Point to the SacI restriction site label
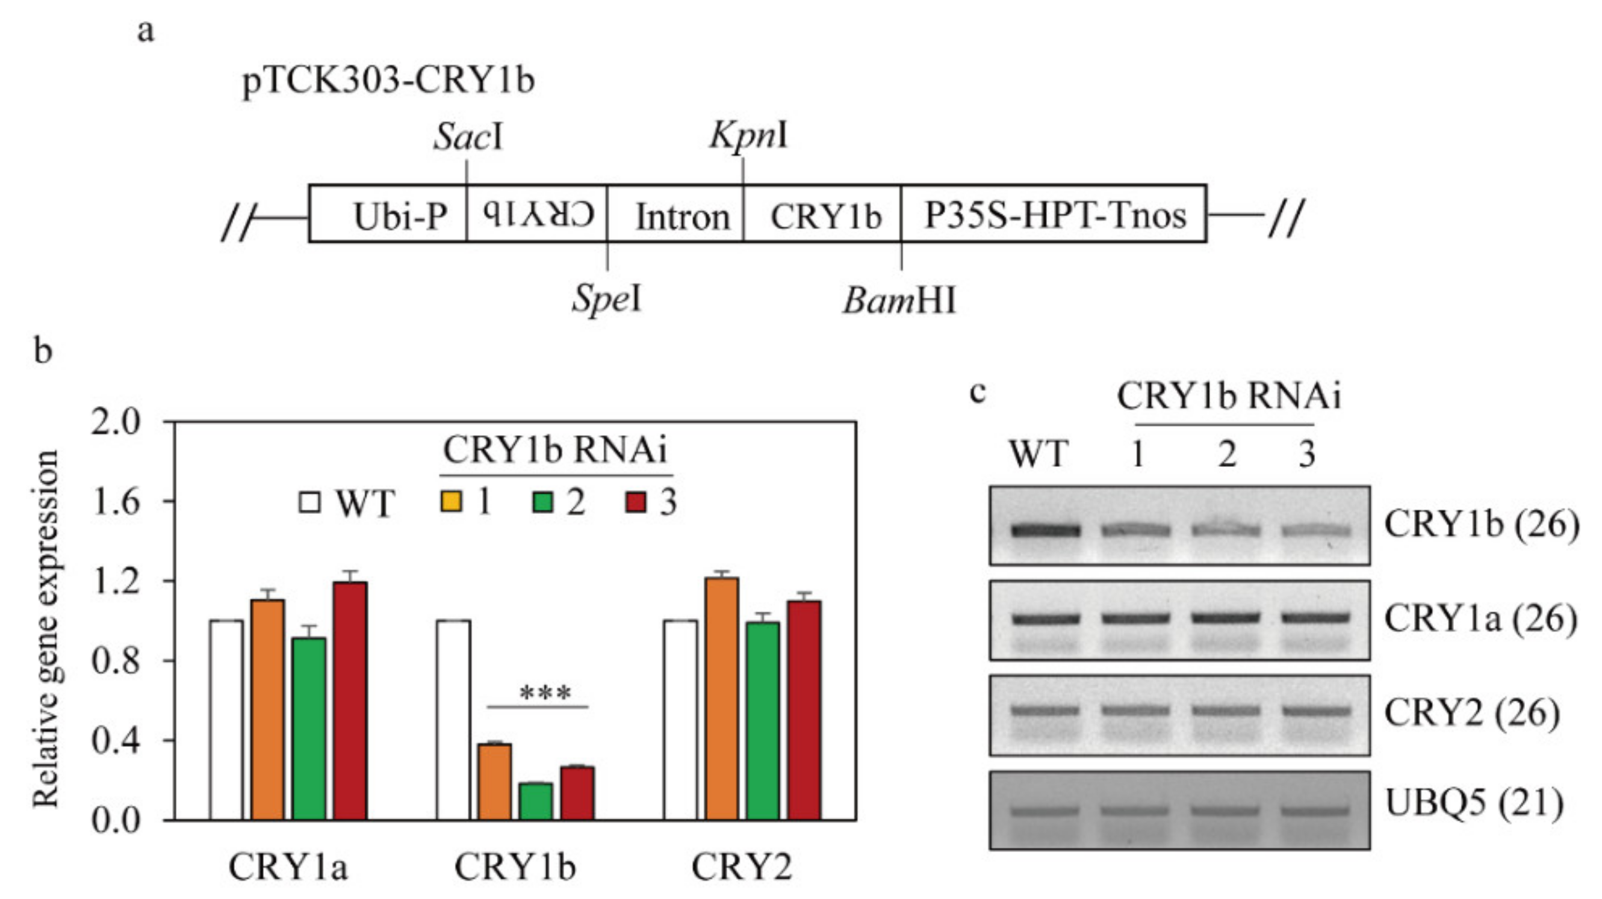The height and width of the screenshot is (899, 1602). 468,137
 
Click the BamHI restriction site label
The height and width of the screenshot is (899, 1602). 899,301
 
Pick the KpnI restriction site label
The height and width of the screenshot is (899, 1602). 749,134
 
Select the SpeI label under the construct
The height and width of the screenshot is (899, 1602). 606,299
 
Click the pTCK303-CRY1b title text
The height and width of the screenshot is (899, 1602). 388,81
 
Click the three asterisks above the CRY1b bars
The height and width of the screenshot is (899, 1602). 545,693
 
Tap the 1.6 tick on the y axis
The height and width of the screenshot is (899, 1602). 116,502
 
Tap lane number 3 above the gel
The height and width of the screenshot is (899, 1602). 1306,454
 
